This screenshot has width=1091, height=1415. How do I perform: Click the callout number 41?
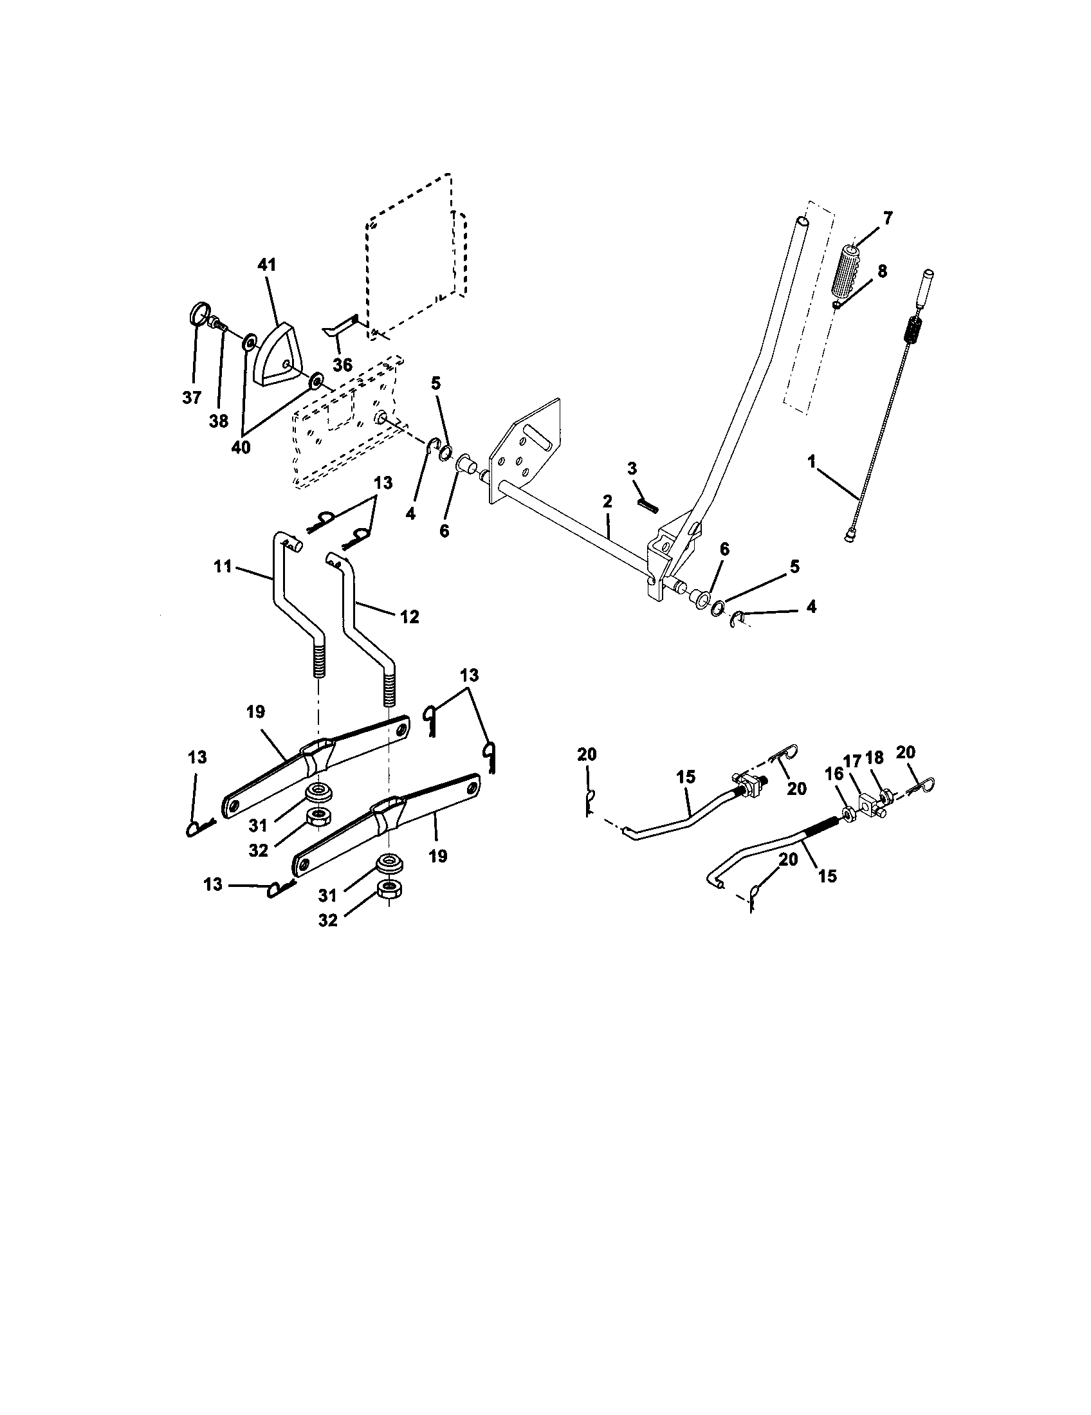[267, 265]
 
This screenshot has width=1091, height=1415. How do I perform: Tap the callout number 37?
[192, 397]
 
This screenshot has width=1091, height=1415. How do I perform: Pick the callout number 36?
[343, 365]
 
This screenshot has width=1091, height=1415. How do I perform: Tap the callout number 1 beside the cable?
[811, 462]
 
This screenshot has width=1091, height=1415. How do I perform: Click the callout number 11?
[222, 567]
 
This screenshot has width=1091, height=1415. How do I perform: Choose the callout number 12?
[410, 617]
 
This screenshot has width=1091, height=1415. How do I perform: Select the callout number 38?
[219, 421]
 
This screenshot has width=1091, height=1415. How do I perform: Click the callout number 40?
[241, 447]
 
